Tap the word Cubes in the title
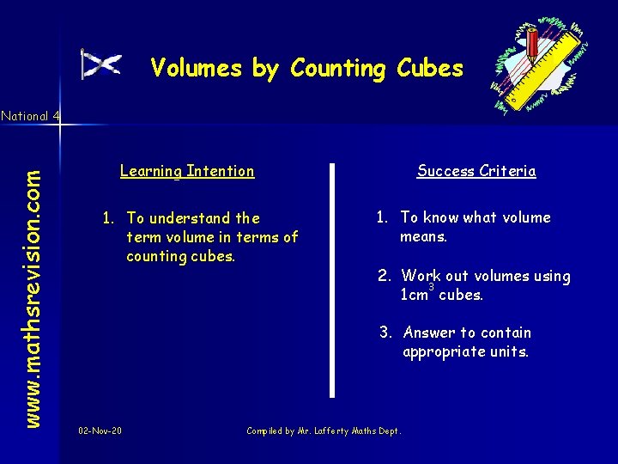[x=430, y=68]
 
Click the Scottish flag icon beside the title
[x=100, y=64]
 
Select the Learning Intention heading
[x=187, y=171]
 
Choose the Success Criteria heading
[x=476, y=171]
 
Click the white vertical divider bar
[x=332, y=279]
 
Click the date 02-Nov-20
[x=100, y=430]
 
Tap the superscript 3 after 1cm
[x=432, y=286]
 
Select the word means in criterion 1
[x=424, y=236]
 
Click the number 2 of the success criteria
[x=385, y=276]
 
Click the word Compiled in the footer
[x=267, y=430]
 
